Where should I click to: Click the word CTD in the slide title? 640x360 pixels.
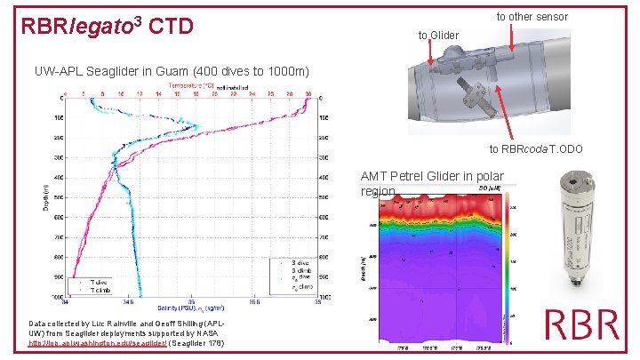click(x=172, y=28)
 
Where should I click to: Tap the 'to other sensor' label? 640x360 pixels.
click(x=532, y=16)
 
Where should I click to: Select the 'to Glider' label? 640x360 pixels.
click(x=438, y=36)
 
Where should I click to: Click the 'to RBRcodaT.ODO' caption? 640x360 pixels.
click(x=536, y=148)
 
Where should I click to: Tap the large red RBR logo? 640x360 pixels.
click(x=583, y=324)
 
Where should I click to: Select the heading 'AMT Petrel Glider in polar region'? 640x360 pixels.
click(x=430, y=182)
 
